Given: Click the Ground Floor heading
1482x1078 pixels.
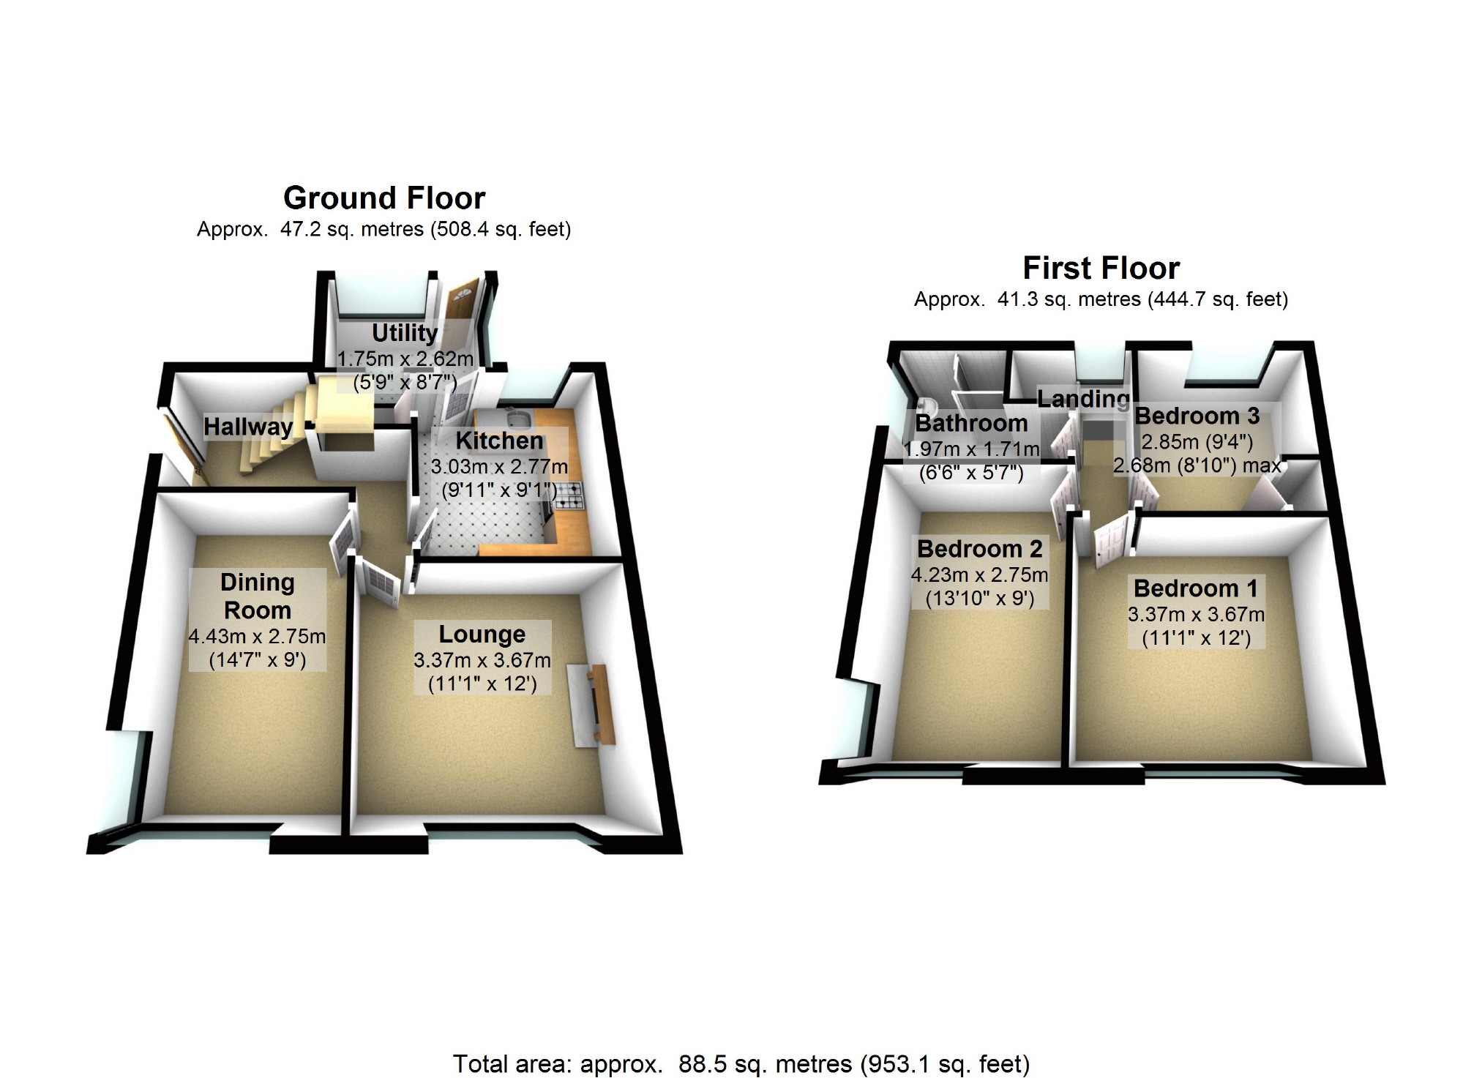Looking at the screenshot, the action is pyautogui.click(x=384, y=198).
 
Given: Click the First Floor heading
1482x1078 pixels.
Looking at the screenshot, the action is pyautogui.click(x=1101, y=269).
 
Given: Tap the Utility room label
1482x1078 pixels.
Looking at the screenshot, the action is pyautogui.click(x=405, y=333).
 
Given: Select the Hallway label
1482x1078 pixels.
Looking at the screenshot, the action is pyautogui.click(x=248, y=427).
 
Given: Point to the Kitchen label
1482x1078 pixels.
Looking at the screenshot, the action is pyautogui.click(x=500, y=441).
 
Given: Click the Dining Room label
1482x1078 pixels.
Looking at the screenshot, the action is pyautogui.click(x=258, y=596).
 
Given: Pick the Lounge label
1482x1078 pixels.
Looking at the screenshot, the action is pyautogui.click(x=482, y=634).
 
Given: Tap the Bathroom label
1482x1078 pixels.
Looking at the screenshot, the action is pyautogui.click(x=971, y=423).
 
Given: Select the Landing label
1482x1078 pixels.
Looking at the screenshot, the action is pyautogui.click(x=1083, y=399).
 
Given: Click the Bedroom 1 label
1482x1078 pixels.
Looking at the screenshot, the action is pyautogui.click(x=1196, y=588).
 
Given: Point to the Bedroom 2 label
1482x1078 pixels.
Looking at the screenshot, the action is pyautogui.click(x=980, y=548).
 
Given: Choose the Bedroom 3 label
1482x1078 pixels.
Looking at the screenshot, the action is pyautogui.click(x=1197, y=416).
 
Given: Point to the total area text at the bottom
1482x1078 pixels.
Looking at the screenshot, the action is pyautogui.click(x=741, y=1063).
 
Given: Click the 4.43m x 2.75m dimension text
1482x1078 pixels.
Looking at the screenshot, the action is pyautogui.click(x=258, y=636).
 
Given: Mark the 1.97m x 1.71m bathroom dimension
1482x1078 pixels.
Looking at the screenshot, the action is pyautogui.click(x=972, y=449).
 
